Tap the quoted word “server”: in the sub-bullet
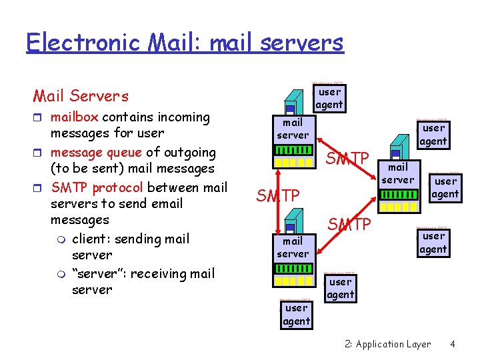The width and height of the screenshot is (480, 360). tap(101, 273)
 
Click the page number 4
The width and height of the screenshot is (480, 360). tap(453, 344)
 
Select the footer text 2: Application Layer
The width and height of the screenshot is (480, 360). tap(388, 344)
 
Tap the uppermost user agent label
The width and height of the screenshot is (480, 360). tap(329, 98)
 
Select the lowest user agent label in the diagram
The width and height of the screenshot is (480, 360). tap(296, 315)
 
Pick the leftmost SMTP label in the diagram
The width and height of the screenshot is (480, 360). tap(278, 195)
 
